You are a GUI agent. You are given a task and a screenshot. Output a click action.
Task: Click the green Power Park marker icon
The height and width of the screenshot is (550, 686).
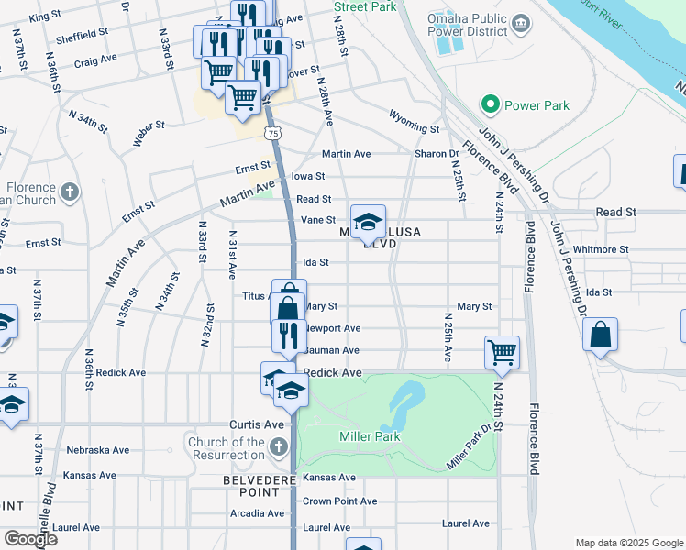click(x=490, y=105)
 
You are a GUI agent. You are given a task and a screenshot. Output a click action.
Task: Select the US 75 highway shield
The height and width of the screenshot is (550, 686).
click(x=273, y=134)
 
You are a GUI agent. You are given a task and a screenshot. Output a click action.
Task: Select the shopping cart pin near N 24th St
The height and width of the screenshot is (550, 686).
click(x=502, y=352)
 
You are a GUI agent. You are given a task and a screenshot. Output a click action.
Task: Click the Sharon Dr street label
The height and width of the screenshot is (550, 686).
click(x=437, y=154)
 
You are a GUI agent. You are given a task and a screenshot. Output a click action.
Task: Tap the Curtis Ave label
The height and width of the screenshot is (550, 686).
click(x=256, y=425)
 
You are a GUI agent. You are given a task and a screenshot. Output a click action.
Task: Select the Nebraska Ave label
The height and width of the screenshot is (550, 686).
click(x=99, y=450)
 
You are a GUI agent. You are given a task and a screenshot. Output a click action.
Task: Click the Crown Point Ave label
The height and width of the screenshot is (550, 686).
click(x=339, y=501)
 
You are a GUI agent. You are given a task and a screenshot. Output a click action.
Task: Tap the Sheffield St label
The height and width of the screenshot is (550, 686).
click(x=83, y=30)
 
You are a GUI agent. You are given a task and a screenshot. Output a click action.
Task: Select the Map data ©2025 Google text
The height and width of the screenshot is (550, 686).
click(x=627, y=543)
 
